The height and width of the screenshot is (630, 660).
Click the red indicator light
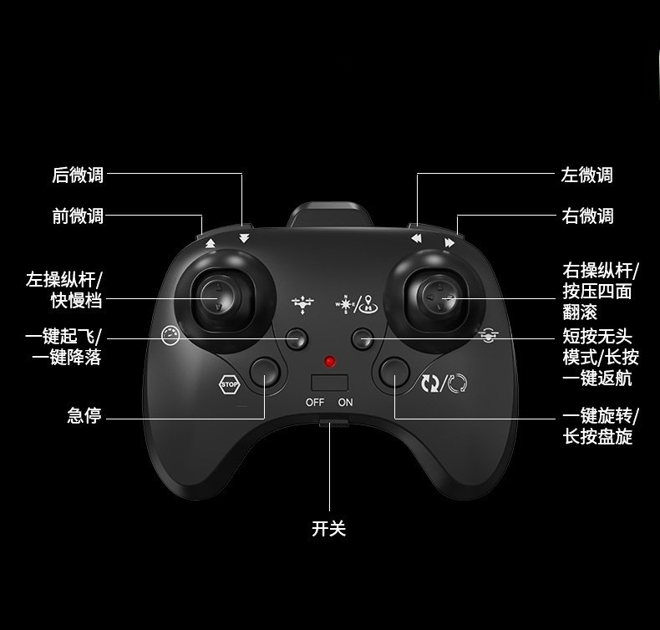[x=330, y=362]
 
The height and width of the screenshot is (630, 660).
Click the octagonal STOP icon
[x=228, y=385]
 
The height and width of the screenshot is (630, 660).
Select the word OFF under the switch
[x=314, y=402]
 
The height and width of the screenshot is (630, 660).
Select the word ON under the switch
[x=346, y=402]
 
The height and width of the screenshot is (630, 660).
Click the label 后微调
[x=78, y=175]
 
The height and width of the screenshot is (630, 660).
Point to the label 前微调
[x=78, y=216]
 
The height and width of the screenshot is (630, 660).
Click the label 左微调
[x=586, y=175]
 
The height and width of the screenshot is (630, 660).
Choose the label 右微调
[x=586, y=216]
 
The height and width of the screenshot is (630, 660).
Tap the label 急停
[x=84, y=415]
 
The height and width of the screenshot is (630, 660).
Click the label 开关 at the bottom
[x=328, y=528]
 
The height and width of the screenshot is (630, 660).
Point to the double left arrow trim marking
[x=416, y=239]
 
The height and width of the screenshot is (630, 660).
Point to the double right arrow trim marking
[x=449, y=243]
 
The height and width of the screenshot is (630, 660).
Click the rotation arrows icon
[x=444, y=384]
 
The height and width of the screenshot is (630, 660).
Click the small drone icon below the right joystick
[x=488, y=336]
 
